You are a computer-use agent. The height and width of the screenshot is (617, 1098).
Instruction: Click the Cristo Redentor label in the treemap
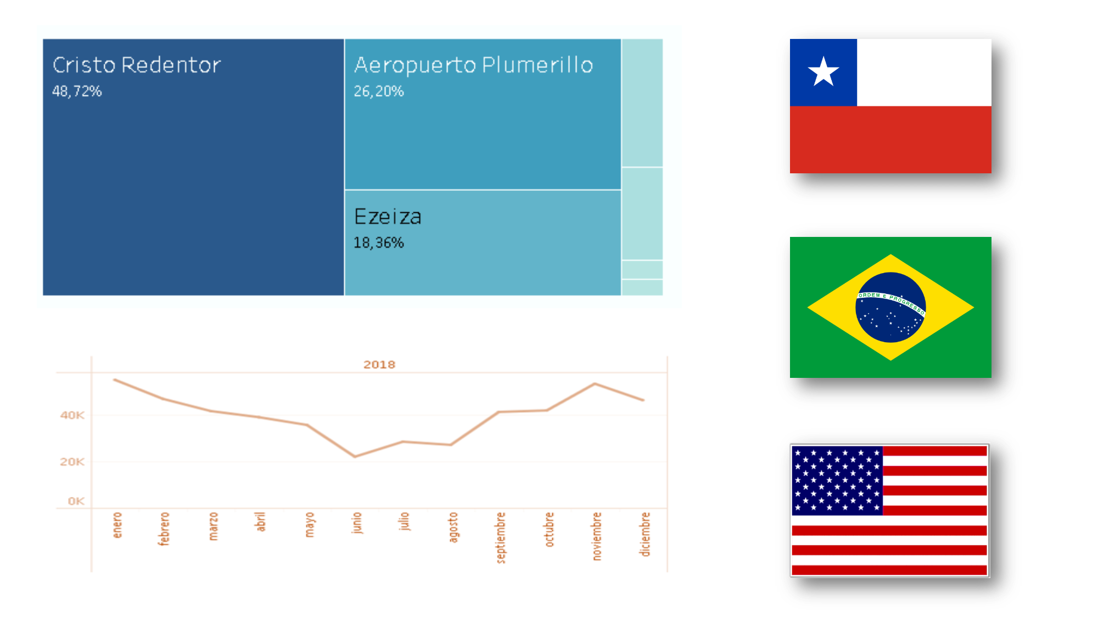[137, 65]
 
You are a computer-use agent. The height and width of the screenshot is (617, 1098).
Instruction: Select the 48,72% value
[77, 91]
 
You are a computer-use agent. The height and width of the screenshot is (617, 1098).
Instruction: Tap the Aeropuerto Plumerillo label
[474, 65]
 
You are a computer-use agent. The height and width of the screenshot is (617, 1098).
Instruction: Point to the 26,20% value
[379, 91]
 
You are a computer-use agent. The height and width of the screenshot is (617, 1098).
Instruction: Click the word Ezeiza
[388, 217]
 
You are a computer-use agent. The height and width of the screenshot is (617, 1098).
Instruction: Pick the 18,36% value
[379, 242]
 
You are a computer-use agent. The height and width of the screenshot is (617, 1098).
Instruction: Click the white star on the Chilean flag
[824, 71]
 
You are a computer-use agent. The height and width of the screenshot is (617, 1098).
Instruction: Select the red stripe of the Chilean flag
[890, 139]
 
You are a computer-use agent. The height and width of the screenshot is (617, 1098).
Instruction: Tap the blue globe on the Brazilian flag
[890, 307]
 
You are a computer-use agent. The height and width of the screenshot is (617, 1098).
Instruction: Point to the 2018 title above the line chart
[379, 365]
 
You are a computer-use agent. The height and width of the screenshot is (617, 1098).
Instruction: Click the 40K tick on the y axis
[72, 415]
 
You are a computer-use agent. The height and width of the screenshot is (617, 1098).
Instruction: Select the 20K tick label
[72, 462]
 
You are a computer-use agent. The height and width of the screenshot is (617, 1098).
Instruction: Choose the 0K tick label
[76, 501]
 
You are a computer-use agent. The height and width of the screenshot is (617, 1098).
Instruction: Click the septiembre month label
[500, 537]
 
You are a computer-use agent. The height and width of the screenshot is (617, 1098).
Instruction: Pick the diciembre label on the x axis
[645, 534]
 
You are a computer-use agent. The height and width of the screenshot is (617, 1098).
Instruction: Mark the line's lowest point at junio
[355, 456]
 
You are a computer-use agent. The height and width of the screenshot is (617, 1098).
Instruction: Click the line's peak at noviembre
[595, 383]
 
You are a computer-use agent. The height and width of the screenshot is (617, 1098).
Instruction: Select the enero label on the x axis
[116, 525]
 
